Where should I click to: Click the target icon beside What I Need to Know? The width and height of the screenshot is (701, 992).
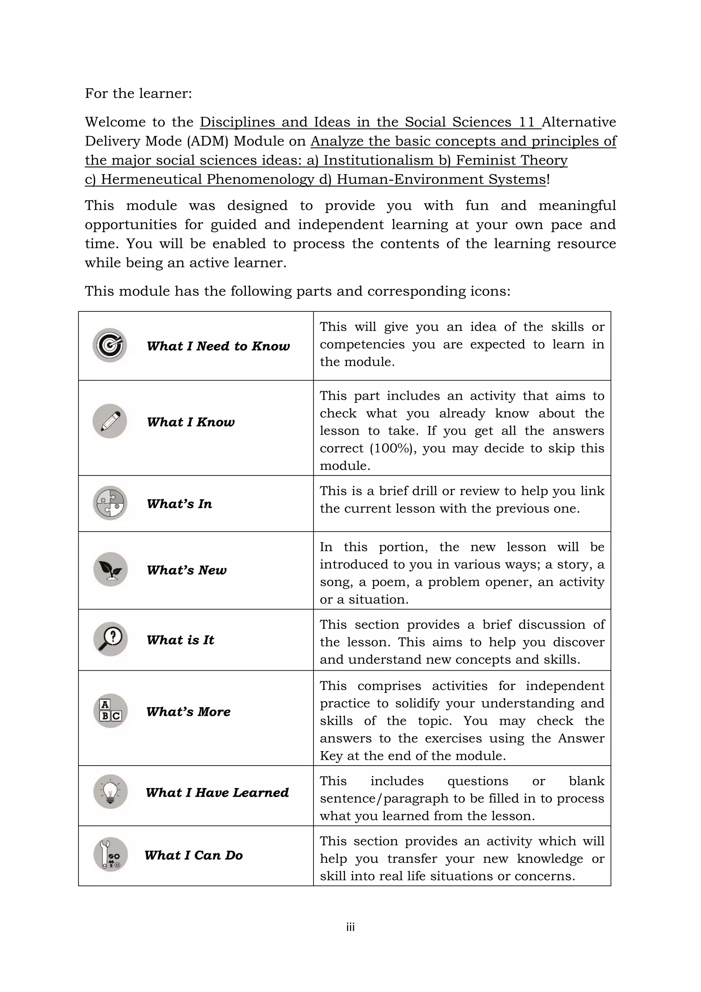tap(110, 345)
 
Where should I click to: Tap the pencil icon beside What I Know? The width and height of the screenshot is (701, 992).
tap(110, 421)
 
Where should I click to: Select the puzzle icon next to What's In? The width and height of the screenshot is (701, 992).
tap(110, 503)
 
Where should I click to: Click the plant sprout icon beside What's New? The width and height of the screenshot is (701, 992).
tap(111, 569)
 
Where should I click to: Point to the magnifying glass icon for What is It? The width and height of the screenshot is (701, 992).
tap(111, 639)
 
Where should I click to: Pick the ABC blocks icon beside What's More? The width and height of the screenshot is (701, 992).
tap(111, 711)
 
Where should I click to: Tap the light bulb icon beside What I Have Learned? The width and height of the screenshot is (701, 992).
tap(111, 792)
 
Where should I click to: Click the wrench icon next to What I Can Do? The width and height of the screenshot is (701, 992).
tap(111, 854)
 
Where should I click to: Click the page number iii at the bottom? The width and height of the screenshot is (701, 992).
tap(350, 927)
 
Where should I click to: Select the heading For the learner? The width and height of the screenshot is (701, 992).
tap(138, 93)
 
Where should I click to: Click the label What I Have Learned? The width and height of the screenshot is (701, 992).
tap(217, 792)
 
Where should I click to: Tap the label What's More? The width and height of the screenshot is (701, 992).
tap(188, 711)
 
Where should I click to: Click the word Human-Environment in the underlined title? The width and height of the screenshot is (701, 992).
tap(410, 179)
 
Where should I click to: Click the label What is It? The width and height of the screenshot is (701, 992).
tap(180, 640)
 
